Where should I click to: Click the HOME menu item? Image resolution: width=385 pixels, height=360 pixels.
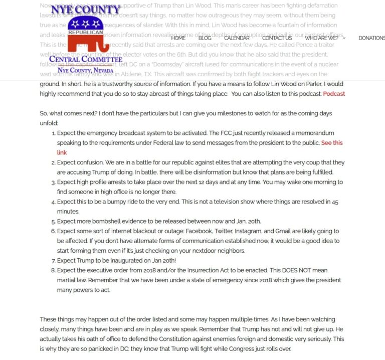tap(178, 38)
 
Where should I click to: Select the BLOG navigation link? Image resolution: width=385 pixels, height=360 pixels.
tap(205, 38)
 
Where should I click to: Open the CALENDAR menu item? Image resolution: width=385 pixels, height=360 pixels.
tap(237, 38)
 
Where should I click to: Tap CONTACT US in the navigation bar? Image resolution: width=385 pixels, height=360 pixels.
tap(277, 38)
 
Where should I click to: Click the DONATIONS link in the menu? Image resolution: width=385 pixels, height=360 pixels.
tap(371, 38)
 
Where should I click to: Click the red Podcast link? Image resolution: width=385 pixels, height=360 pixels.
tap(334, 94)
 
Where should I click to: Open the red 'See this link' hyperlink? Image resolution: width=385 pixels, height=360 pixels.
tap(332, 143)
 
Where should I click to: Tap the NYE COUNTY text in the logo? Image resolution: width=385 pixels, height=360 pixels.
tap(86, 10)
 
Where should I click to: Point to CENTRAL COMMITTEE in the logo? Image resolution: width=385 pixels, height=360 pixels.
tap(86, 59)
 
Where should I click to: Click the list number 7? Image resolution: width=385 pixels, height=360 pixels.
tap(53, 260)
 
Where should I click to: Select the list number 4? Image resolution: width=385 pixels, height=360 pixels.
tap(53, 202)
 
